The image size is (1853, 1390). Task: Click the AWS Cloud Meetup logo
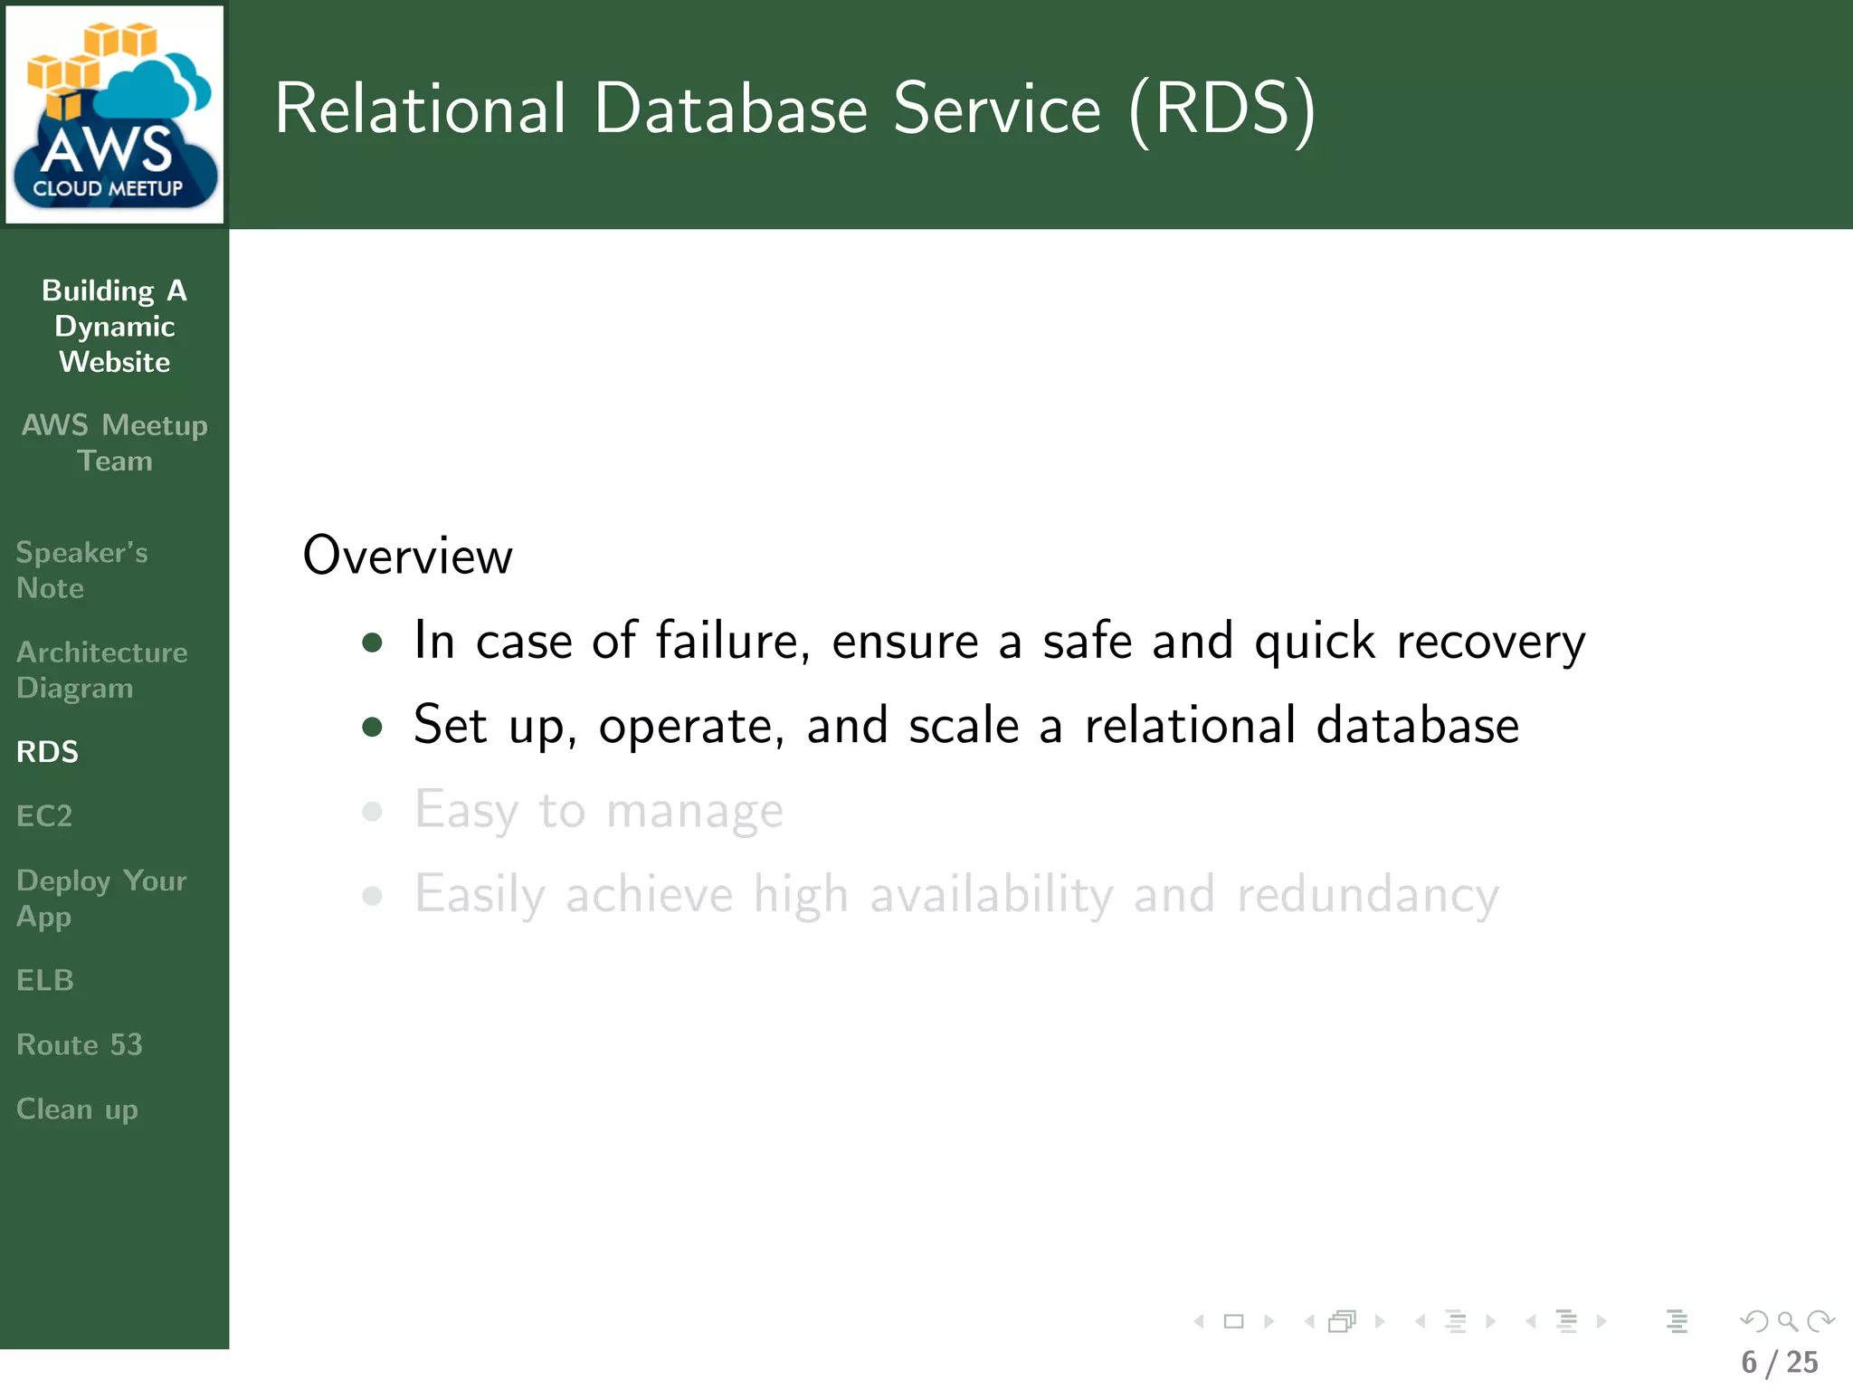click(115, 115)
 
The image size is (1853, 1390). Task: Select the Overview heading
click(407, 556)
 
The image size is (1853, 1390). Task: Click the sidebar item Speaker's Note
click(81, 570)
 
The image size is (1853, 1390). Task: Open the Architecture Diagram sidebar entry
click(101, 670)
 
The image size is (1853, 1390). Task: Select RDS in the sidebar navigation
click(48, 752)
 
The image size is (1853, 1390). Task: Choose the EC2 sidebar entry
click(44, 816)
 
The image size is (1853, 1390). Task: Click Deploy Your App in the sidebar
click(100, 899)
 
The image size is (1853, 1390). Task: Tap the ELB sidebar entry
click(45, 980)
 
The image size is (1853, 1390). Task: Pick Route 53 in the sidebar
click(80, 1045)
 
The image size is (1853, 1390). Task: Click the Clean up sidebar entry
click(77, 1109)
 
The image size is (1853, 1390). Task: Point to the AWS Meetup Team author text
click(115, 443)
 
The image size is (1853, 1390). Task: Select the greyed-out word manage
click(694, 811)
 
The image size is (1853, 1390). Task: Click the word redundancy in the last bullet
click(1367, 895)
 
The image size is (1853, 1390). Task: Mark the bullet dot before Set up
click(372, 727)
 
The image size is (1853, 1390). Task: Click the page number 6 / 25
click(1779, 1363)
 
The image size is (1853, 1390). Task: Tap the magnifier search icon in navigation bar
click(1787, 1322)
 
